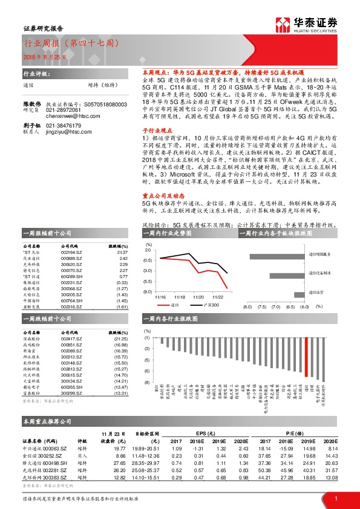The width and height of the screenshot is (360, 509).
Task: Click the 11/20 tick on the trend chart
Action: point(198,297)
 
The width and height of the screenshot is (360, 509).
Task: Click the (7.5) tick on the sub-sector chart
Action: point(263,306)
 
